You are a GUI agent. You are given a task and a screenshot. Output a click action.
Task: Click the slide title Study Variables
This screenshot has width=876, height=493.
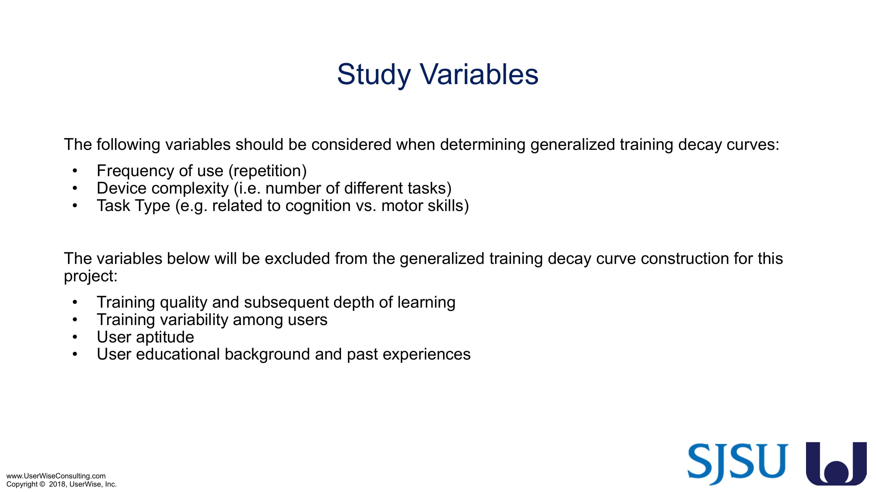tap(438, 75)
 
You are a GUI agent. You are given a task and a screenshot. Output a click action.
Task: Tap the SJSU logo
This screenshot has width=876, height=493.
tap(738, 464)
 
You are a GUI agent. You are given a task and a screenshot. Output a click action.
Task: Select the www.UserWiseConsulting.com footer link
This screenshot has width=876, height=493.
tap(56, 476)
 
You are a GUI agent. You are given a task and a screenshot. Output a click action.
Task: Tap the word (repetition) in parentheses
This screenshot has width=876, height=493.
tap(268, 171)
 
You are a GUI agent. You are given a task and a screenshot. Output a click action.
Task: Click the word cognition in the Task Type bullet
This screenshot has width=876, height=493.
tap(318, 206)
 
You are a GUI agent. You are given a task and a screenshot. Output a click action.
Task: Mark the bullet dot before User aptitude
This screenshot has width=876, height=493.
tap(75, 337)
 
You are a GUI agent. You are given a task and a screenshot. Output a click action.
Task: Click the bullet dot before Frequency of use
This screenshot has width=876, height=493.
tap(75, 171)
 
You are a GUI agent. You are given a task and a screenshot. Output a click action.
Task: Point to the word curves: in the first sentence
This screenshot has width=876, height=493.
tap(753, 145)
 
